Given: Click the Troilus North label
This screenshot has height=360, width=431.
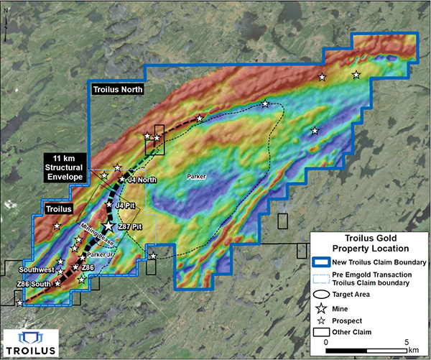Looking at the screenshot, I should pos(119,90).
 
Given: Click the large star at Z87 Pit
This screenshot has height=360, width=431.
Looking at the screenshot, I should pos(108,226).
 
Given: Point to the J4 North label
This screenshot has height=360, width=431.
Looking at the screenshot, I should pos(142,180).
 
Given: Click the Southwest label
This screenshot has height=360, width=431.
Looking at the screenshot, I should pos(37,269).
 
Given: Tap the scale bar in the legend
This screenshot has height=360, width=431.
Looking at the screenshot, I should pos(366,343).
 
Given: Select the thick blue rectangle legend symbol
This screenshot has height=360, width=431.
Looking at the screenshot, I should pos(324,262).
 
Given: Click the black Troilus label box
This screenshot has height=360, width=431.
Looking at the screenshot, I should pos(54,208).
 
